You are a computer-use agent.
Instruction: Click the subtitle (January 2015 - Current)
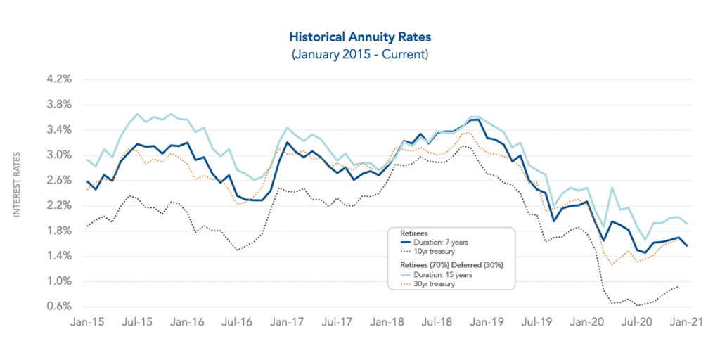coord(359,53)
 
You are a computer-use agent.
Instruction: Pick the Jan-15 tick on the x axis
coord(88,322)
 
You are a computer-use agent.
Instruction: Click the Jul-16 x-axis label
coord(238,322)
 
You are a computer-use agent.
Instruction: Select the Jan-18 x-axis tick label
coord(387,322)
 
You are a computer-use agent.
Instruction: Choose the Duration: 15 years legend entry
coord(442,274)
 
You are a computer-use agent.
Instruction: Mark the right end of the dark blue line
coord(688,245)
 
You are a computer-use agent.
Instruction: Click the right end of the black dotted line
coord(678,286)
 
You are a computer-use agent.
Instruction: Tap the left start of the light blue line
coord(87,160)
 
